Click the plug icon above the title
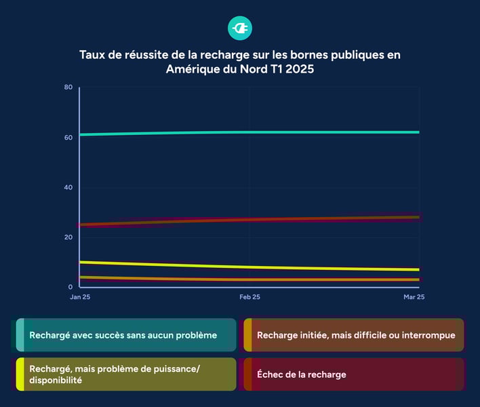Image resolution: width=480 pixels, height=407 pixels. [240, 28]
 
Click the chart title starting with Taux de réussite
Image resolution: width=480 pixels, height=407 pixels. [240, 61]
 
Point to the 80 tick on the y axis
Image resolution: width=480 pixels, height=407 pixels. [68, 87]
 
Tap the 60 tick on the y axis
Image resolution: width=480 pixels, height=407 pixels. [68, 137]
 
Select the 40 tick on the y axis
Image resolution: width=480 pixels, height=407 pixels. [68, 187]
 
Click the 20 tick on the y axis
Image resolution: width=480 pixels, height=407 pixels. [68, 237]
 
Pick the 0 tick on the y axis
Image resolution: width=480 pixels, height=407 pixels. [71, 287]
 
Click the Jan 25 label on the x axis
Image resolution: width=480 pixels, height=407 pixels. [79, 297]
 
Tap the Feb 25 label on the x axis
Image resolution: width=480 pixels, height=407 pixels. [249, 297]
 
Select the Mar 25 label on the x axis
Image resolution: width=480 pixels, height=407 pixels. [413, 297]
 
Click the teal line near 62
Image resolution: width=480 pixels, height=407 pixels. [249, 132]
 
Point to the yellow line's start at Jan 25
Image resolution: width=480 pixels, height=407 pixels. [81, 262]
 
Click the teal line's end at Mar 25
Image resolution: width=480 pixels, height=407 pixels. [418, 132]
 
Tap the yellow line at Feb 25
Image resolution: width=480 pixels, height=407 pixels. [249, 267]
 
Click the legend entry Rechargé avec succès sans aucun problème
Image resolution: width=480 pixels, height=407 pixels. [123, 335]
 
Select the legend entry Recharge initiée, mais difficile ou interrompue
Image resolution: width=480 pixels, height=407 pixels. [355, 335]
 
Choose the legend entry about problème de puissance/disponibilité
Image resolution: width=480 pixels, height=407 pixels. [123, 374]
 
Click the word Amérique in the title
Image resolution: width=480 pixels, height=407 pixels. [192, 69]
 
